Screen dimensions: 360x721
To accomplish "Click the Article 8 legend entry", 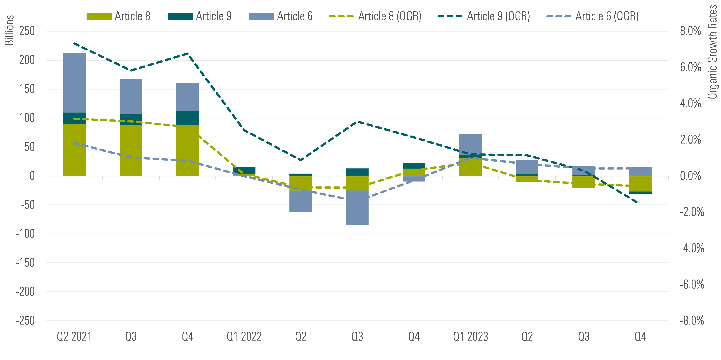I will pos(118,16).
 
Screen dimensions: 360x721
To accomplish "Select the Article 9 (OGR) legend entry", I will pos(484,16).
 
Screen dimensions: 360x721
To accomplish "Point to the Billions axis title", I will pos(9,30).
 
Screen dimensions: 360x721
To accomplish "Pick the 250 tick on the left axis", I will pos(27,31).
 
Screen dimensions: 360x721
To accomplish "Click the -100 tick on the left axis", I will pos(25,234).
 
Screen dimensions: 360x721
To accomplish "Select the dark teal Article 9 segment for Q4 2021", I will pos(187,118).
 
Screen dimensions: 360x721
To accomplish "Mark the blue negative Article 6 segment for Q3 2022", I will pos(357,208).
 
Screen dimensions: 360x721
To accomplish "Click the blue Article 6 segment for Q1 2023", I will pos(470,144).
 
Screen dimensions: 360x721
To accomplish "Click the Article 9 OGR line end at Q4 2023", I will pos(637,202).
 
